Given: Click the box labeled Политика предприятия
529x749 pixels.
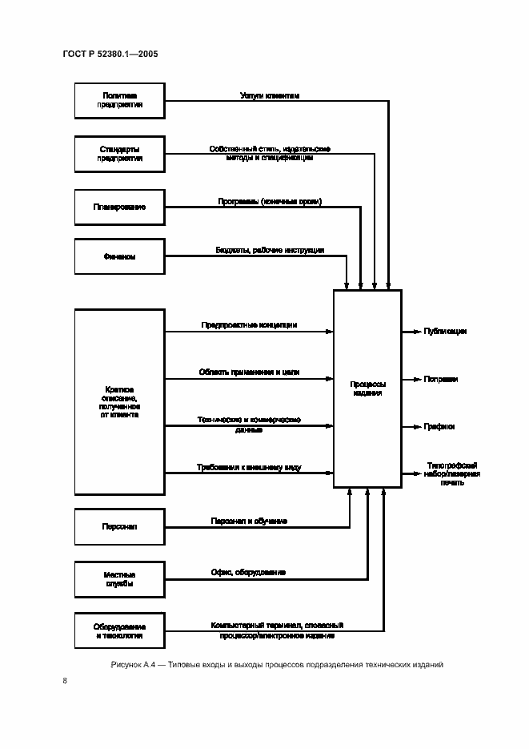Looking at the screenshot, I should pos(119,100).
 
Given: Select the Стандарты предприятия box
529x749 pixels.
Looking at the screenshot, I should pos(119,153).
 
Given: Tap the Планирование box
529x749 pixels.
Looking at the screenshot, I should pos(119,207).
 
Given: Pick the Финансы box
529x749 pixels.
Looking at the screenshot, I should pos(119,257).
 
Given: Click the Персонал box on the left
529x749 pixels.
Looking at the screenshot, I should pos(119,526).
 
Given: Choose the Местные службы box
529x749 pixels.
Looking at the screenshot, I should pos(119,579).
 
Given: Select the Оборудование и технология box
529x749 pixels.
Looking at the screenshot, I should pos(119,630).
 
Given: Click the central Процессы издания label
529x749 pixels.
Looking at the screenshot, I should pos(367,389).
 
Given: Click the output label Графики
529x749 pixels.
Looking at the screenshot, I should pos(439,426).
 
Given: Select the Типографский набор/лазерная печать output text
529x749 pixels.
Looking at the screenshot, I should pos(452,473).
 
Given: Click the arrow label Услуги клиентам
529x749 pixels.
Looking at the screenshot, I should pos(270,95).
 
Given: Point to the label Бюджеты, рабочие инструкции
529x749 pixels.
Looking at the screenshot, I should pos(270,251).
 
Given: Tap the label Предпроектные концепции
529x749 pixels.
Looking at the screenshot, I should pos(249,325).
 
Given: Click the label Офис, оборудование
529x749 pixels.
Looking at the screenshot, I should pos(249,573).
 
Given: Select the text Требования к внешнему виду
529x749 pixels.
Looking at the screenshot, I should pos(249,467).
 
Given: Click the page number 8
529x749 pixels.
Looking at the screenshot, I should pos(63,681).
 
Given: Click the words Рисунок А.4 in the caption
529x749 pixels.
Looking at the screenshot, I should pos(133,665).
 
